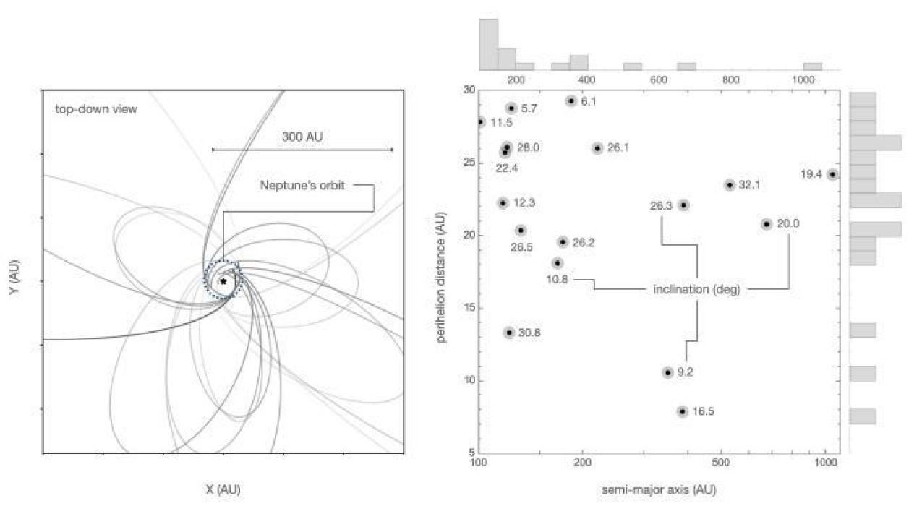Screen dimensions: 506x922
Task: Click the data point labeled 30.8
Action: point(509,333)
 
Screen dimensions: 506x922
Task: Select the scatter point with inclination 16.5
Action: point(682,411)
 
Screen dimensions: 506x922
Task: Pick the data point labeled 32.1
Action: point(729,185)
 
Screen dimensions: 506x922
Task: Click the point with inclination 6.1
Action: point(571,101)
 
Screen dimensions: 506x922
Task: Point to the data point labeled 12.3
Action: point(503,203)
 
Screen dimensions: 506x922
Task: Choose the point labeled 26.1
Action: point(597,148)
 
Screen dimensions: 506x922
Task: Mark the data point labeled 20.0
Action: point(767,224)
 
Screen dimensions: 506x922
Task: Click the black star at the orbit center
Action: point(224,280)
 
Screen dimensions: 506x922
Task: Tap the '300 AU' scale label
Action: point(302,136)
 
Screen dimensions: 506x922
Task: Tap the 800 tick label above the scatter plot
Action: point(730,80)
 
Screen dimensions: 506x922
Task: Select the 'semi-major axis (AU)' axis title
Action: point(659,489)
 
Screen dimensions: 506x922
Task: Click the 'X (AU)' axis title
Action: point(223,489)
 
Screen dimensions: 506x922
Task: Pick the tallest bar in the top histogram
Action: point(488,44)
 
